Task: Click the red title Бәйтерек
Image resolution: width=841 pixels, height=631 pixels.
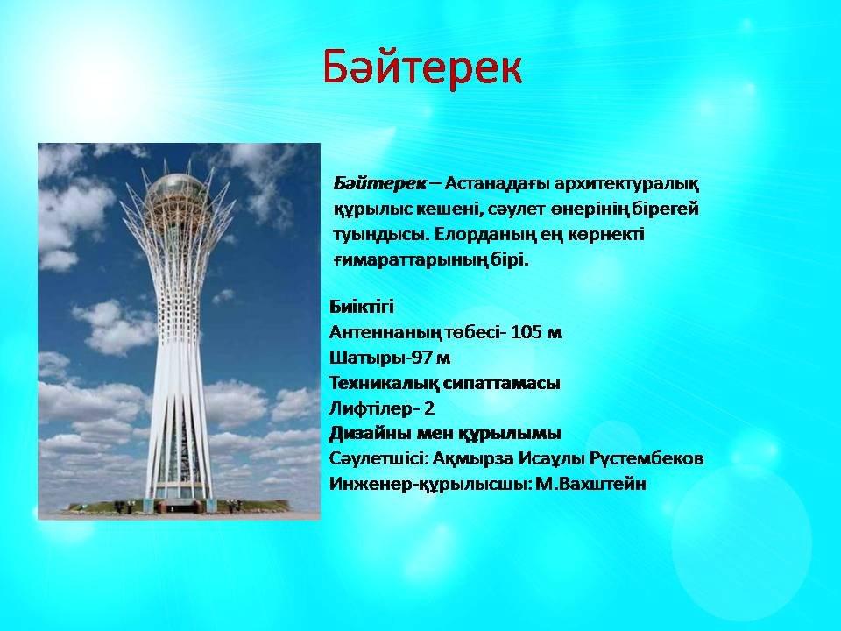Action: pos(422,67)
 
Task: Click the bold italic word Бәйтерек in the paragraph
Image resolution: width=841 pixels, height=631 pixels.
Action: pos(379,184)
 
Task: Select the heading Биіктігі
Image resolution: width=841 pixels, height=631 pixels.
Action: pos(362,307)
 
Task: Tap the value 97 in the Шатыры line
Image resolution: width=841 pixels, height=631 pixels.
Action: pos(422,358)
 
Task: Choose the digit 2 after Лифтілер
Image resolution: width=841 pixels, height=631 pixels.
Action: pos(428,409)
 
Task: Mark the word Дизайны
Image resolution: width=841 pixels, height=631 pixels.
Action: pos(368,434)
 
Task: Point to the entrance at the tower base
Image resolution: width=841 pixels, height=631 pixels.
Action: pos(178,506)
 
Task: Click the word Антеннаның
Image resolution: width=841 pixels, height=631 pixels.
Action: pos(386,332)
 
